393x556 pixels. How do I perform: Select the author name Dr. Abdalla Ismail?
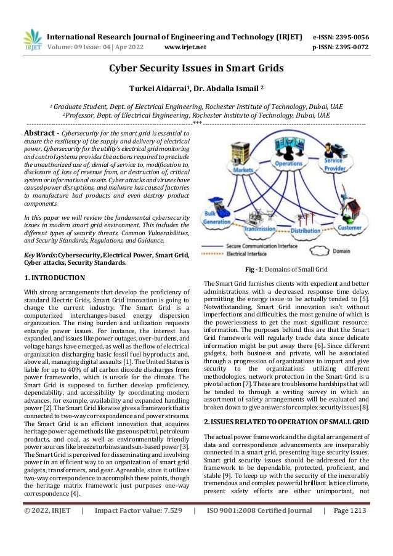click(x=230, y=87)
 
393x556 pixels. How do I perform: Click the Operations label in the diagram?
click(x=288, y=164)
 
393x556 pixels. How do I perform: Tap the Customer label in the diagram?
click(x=349, y=227)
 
